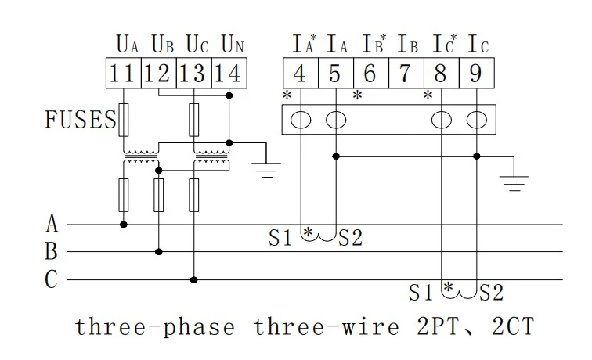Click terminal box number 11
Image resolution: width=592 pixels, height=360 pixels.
(x=124, y=74)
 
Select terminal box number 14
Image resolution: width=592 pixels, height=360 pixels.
(x=229, y=74)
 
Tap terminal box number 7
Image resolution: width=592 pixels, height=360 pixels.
(x=406, y=74)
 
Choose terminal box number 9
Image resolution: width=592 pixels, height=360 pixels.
(x=476, y=74)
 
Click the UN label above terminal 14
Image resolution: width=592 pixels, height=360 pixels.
(x=233, y=44)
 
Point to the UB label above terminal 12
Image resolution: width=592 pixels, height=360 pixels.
(x=162, y=44)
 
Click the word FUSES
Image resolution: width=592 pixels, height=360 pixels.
(x=81, y=119)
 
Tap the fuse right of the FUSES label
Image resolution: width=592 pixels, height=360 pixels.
(x=124, y=120)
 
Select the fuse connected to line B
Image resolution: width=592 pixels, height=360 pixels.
(x=158, y=195)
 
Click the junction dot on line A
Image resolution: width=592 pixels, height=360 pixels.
(x=124, y=225)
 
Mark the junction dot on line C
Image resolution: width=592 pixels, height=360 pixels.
(x=193, y=280)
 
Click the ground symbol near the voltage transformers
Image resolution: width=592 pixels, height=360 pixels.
(x=266, y=170)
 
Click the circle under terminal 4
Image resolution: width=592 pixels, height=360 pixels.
(x=301, y=120)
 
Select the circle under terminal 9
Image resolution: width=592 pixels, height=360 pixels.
(x=477, y=120)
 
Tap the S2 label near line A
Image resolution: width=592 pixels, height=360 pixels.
(x=350, y=238)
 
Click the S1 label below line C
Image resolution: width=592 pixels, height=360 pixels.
(x=421, y=293)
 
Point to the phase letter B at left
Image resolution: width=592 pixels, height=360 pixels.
(x=52, y=251)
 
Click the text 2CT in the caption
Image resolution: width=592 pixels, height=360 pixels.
(x=513, y=326)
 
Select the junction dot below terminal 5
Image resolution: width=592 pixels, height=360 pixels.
(x=336, y=157)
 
